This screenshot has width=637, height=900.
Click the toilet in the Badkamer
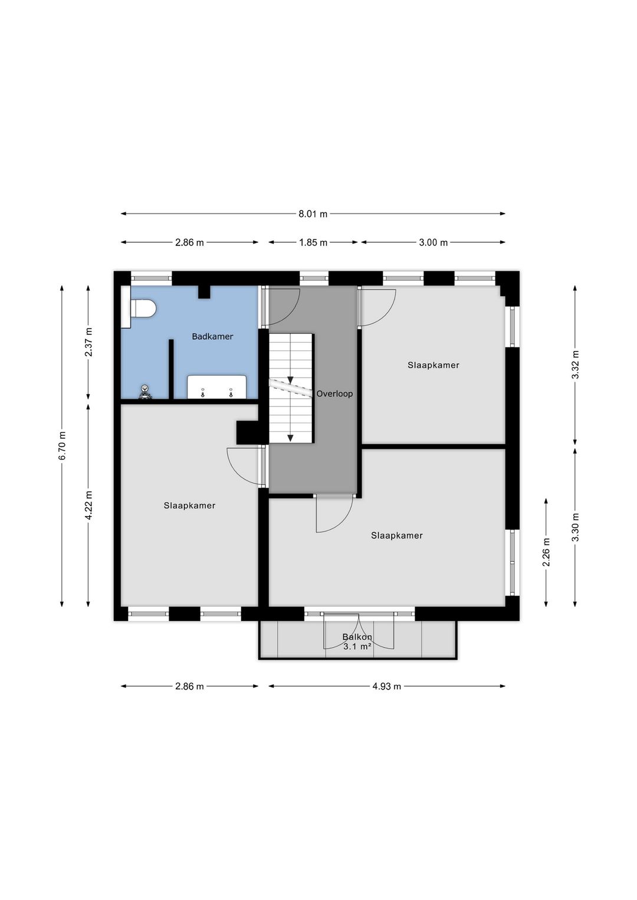[142, 308]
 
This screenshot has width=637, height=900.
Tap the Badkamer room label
[212, 337]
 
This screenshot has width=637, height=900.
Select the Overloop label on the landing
[334, 394]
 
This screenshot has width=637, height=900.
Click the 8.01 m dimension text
[313, 214]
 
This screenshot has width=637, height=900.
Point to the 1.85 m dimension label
[313, 242]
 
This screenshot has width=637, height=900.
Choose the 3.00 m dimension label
[433, 242]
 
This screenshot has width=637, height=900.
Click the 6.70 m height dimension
[62, 446]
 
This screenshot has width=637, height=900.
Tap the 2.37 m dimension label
[88, 342]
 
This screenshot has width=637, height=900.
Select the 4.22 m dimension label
[88, 505]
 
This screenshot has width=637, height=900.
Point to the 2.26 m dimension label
[546, 552]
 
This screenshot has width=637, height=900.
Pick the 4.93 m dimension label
[386, 687]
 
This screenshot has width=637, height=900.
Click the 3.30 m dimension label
[576, 527]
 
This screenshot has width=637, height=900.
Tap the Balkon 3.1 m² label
[357, 642]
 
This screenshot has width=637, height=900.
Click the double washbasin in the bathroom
[216, 387]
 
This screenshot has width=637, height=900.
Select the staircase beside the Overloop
[291, 388]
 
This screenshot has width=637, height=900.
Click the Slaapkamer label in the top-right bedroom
[433, 366]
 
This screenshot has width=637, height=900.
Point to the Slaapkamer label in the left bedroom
[189, 505]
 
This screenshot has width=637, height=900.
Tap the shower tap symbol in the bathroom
[145, 392]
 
